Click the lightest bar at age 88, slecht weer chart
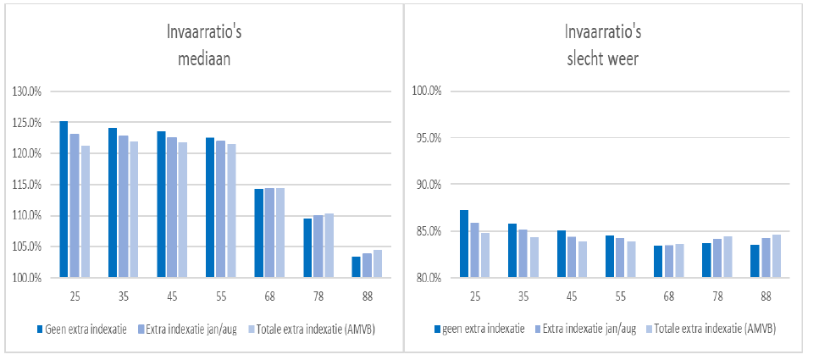776,256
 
